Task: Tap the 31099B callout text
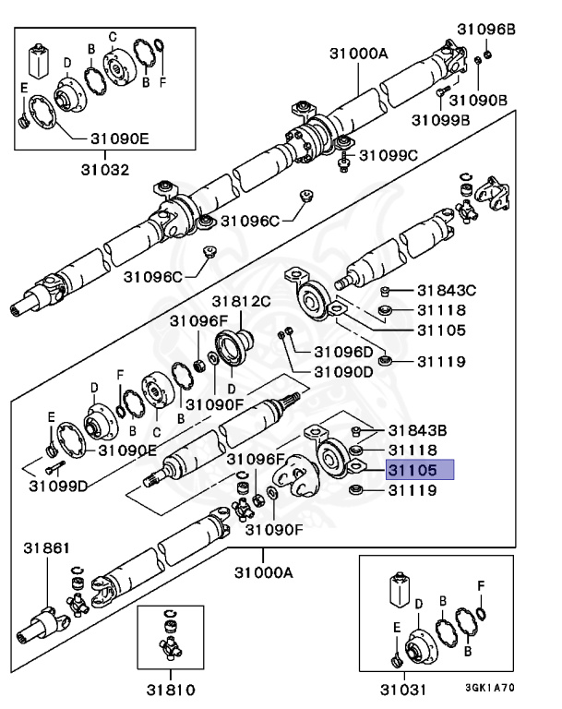click(441, 119)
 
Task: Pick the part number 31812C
click(241, 301)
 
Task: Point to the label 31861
click(46, 548)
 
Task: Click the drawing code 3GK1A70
click(490, 688)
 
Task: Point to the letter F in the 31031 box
click(479, 585)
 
